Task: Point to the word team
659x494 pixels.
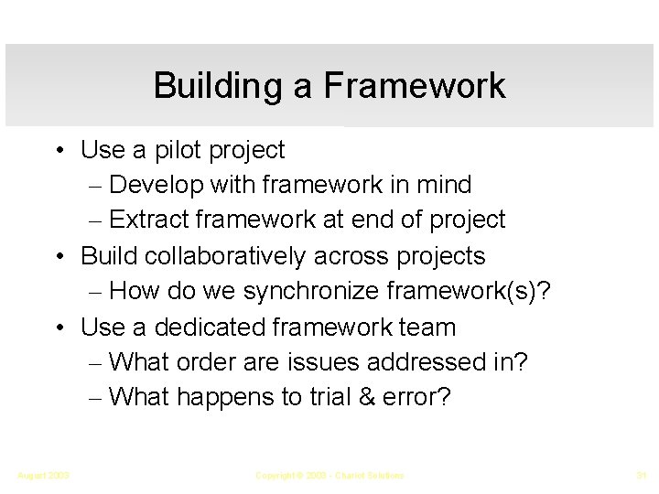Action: pos(427,327)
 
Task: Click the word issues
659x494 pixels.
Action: pos(327,362)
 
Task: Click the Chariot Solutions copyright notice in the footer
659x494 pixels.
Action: pos(329,475)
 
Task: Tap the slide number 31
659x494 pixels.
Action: pos(641,475)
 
